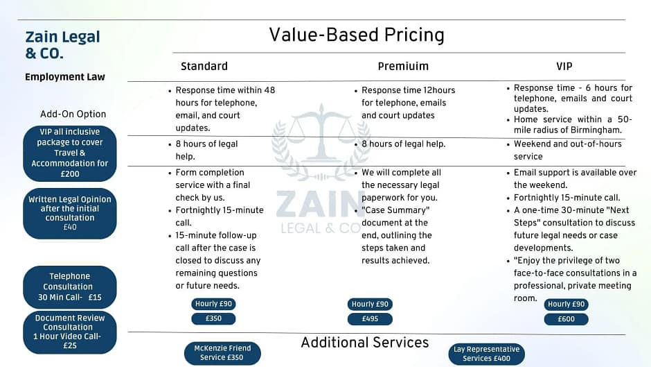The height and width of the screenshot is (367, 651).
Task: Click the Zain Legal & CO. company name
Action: (63, 44)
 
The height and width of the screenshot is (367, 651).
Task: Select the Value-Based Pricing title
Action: (357, 35)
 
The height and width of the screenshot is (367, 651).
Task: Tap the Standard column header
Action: (204, 66)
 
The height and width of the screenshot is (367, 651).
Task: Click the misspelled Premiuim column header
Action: (403, 66)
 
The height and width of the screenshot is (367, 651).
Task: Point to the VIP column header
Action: (564, 66)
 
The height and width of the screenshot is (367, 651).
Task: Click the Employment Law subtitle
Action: (65, 77)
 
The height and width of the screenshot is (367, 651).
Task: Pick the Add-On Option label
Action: (73, 114)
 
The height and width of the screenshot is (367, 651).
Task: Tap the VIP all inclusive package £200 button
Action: (70, 153)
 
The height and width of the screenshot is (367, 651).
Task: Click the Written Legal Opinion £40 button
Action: (70, 213)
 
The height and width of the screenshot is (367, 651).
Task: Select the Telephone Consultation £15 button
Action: (70, 287)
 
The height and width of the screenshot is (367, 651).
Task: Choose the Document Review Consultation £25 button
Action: (70, 332)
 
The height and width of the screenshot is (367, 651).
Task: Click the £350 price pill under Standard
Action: (213, 318)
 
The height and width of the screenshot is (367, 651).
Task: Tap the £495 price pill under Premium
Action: (370, 319)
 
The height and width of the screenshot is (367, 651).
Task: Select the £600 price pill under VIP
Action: (567, 319)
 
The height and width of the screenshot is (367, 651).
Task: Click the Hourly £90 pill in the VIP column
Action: (567, 304)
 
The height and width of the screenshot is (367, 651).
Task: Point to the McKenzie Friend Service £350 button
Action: (222, 353)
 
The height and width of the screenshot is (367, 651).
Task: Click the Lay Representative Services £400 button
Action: (487, 354)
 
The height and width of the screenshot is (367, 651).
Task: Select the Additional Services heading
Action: (365, 343)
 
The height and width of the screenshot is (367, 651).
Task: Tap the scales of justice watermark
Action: (321, 142)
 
